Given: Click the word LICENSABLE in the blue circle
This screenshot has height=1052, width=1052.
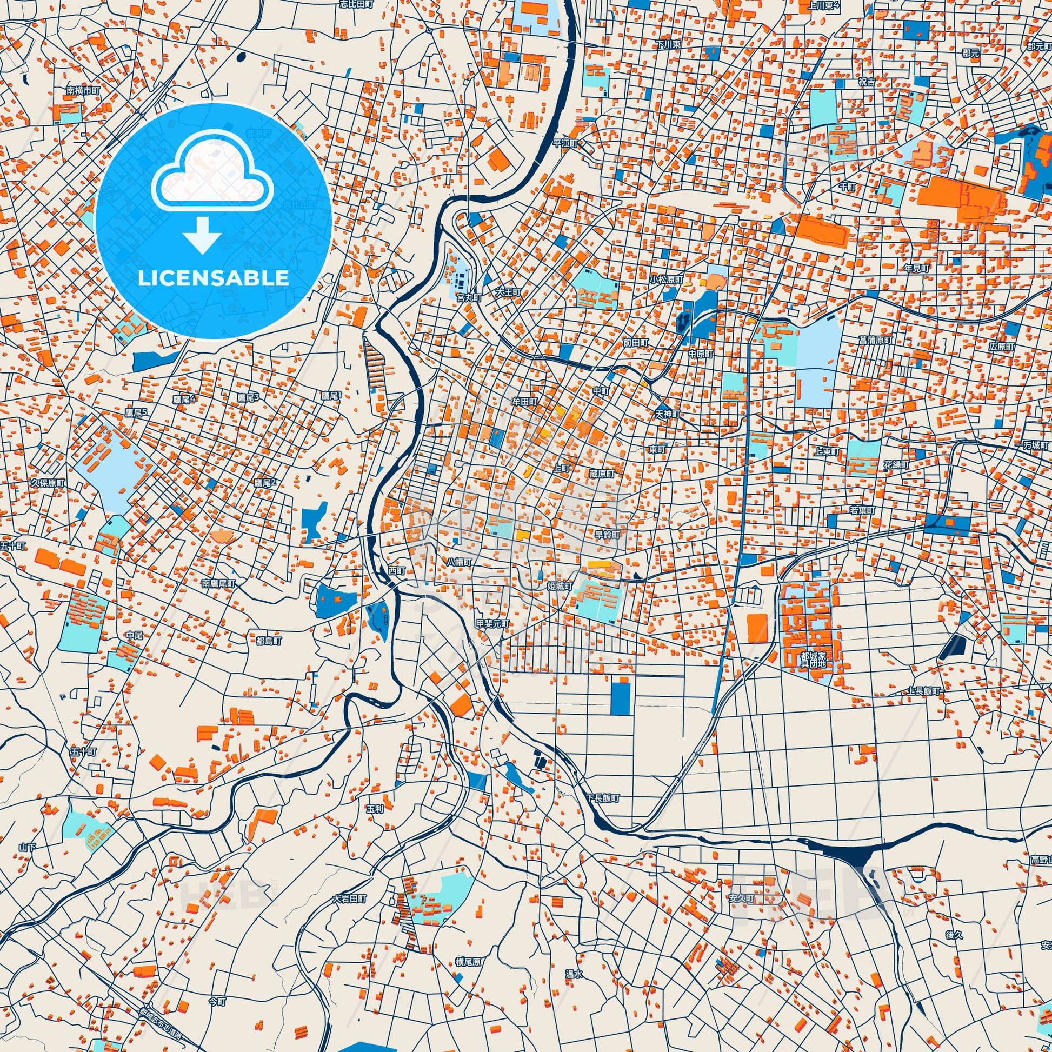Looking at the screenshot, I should point(213,278).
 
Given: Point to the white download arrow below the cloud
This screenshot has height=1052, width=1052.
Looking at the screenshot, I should point(202,235).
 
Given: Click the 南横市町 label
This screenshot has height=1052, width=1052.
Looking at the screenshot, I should point(83,90).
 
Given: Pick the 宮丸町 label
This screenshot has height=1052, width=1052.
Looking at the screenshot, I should point(469,298).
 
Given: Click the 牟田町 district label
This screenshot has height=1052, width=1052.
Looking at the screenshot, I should point(524,400).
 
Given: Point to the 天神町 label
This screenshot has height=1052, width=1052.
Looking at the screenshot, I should point(668,414).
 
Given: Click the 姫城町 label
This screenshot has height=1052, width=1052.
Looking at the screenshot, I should point(559,586).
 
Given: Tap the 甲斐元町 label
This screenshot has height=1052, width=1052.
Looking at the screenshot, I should point(493,623).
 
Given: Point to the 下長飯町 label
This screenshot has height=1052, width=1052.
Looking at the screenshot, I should point(603,798).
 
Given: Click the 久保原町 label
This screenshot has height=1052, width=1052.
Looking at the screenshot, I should point(48,482).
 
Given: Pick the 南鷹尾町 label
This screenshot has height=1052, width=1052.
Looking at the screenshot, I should point(218,583).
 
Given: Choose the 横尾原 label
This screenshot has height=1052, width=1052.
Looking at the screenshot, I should point(468,962).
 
